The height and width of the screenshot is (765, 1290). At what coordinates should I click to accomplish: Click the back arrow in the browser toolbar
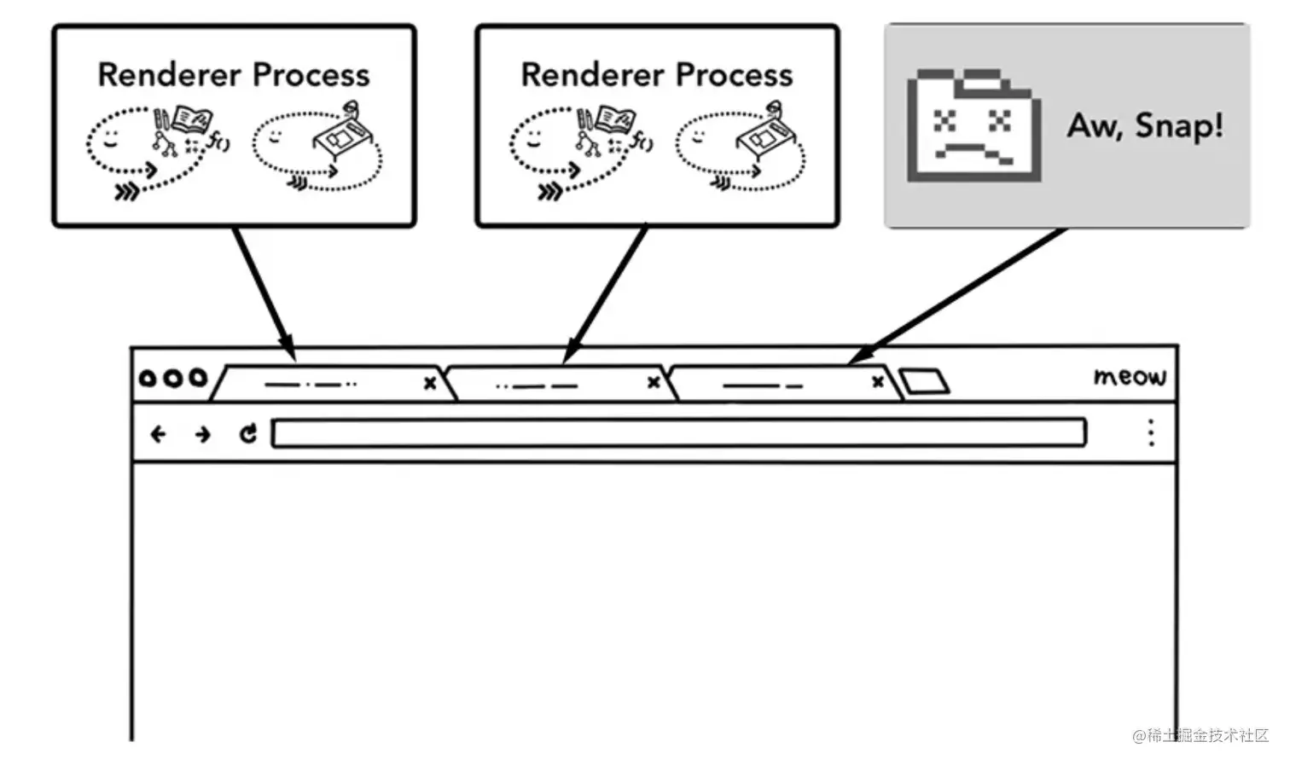tap(158, 435)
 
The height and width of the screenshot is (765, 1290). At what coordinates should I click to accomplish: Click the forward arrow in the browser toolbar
tap(202, 435)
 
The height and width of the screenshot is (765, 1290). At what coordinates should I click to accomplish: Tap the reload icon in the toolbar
tap(248, 434)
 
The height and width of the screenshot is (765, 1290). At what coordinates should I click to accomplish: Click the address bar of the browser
tap(678, 433)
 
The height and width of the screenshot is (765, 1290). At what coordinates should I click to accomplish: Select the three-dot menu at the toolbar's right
tap(1151, 433)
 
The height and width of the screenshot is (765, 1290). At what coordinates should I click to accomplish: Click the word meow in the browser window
tap(1129, 376)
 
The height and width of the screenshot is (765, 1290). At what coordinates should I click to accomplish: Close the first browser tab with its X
tap(430, 384)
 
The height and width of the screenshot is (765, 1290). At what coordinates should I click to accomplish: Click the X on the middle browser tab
tap(654, 382)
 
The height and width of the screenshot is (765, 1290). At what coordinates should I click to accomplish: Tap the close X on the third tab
tap(878, 382)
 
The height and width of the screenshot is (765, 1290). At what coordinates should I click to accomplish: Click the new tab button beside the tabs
tap(924, 380)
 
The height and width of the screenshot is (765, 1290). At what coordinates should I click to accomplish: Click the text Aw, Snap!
tap(1145, 125)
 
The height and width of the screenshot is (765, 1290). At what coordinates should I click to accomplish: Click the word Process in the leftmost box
tap(311, 75)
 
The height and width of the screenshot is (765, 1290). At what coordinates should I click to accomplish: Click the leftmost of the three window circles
tap(148, 377)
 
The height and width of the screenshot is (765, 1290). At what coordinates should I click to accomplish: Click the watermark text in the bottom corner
tap(1200, 735)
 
